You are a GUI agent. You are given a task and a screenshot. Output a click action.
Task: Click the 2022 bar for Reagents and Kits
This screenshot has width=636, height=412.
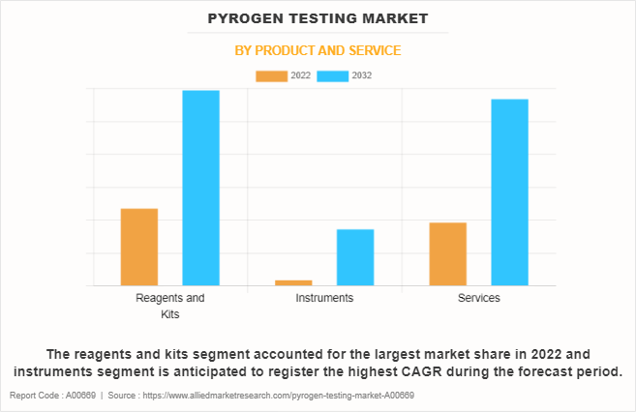point(139,247)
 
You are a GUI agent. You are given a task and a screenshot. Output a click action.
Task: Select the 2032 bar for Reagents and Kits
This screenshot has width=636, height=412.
point(200,188)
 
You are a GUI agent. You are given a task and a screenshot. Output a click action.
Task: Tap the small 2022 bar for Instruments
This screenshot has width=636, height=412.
point(293,282)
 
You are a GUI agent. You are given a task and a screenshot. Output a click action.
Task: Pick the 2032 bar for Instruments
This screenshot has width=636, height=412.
point(355,257)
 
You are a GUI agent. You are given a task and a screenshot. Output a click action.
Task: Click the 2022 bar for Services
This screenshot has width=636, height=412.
point(447,253)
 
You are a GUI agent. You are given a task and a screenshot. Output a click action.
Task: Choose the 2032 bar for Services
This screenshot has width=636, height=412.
point(509,192)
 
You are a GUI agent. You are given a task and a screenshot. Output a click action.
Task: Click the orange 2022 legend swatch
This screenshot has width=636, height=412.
point(271,75)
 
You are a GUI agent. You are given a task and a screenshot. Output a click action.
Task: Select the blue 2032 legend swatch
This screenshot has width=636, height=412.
point(333,75)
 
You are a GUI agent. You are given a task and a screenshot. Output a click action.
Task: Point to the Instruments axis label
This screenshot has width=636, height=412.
point(324,298)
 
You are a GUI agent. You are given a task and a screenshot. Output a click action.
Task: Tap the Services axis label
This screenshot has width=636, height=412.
point(478,298)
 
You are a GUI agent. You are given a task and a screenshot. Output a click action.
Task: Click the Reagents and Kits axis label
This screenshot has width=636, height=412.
point(170,306)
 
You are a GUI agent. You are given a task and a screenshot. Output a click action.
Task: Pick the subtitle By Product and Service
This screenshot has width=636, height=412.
point(318,50)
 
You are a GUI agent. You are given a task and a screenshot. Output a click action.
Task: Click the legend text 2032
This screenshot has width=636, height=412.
point(362,75)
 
